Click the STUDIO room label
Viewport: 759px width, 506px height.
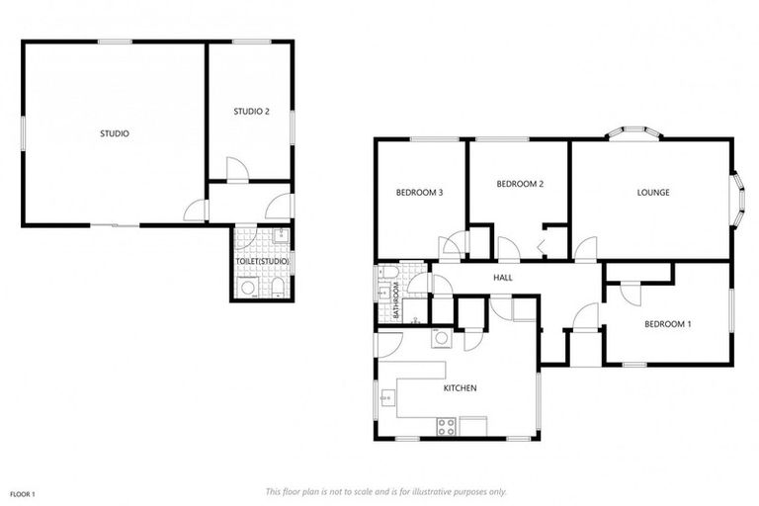[115, 133]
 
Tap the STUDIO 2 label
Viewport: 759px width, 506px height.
[251, 112]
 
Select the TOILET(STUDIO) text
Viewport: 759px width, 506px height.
[261, 261]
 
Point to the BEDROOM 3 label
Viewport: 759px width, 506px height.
[418, 192]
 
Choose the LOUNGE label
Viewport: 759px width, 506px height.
[653, 192]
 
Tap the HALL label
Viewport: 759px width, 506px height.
[503, 278]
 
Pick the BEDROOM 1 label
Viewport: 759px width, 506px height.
[668, 323]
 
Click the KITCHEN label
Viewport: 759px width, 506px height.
[460, 388]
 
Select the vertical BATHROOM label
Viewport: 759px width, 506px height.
[395, 299]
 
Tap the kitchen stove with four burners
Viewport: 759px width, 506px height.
[447, 426]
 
